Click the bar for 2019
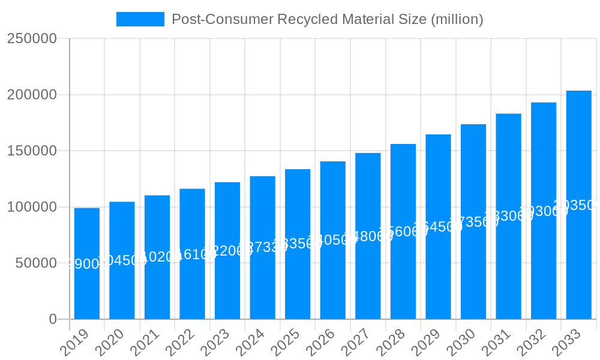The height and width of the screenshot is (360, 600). pyautogui.click(x=87, y=263)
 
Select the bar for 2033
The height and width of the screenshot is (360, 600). pyautogui.click(x=579, y=205)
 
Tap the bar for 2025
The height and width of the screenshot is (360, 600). pyautogui.click(x=298, y=244)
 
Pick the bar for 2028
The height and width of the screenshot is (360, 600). pyautogui.click(x=403, y=232)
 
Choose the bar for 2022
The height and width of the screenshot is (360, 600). pyautogui.click(x=192, y=254)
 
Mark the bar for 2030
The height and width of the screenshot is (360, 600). pyautogui.click(x=473, y=221)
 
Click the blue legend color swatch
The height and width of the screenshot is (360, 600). pyautogui.click(x=140, y=19)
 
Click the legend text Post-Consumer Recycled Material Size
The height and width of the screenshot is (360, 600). pyautogui.click(x=327, y=19)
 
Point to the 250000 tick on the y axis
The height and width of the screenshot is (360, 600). pyautogui.click(x=32, y=39)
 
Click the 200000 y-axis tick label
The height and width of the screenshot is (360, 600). pyautogui.click(x=32, y=95)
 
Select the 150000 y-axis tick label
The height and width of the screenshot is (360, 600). pyautogui.click(x=32, y=151)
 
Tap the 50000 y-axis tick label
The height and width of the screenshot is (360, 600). pyautogui.click(x=35, y=263)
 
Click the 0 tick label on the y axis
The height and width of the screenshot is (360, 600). pyautogui.click(x=53, y=319)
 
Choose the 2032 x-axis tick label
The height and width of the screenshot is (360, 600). pyautogui.click(x=532, y=343)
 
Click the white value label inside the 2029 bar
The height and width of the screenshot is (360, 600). pyautogui.click(x=438, y=227)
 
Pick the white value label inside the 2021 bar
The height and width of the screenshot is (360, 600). pyautogui.click(x=157, y=257)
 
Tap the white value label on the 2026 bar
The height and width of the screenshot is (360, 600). pyautogui.click(x=333, y=240)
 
